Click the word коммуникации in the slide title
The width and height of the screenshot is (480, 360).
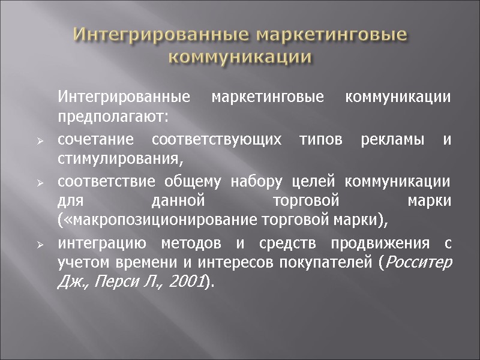[239, 58]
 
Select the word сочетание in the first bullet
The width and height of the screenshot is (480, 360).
[94, 139]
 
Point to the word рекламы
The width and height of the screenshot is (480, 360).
[403, 139]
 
